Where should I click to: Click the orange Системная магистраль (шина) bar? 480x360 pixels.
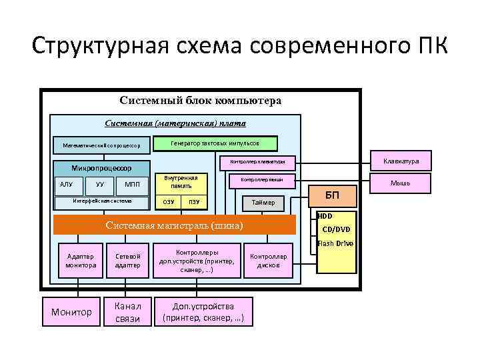pos(173,225)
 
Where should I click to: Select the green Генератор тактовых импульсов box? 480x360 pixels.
pos(215,143)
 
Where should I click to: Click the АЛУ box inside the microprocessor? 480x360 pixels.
pos(67,184)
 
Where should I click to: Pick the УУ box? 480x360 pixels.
pos(99,184)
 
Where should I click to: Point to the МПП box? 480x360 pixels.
pos(132,184)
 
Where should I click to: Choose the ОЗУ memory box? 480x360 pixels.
pos(169,202)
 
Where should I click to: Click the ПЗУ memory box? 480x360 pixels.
pos(194,202)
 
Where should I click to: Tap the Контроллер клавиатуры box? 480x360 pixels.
pos(257,161)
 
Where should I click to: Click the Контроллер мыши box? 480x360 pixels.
pos(262,180)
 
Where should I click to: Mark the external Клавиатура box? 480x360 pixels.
pos(401,161)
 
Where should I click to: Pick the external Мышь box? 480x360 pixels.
pos(401,183)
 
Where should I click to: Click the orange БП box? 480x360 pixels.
pos(331,196)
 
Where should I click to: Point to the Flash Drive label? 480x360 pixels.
pos(335,243)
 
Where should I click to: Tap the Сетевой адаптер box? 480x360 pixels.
pos(127,261)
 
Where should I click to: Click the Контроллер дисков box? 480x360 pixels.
pos(268,261)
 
